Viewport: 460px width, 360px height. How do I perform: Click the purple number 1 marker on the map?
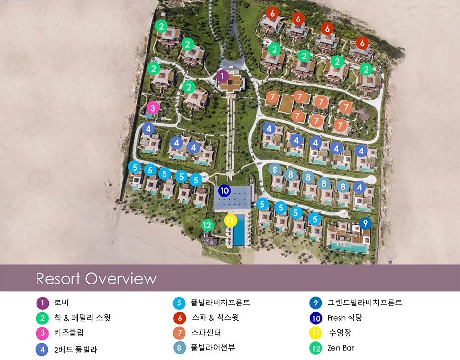222,76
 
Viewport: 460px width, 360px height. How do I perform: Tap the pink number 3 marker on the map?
153,108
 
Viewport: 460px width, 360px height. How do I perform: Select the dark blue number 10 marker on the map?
224,191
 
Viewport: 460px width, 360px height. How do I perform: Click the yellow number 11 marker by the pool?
231,220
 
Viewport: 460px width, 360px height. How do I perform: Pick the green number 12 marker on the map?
207,225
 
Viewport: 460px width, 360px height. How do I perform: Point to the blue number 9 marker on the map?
365,223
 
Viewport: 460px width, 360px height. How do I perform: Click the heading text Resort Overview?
96,279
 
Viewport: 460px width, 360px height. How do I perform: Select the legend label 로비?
61,303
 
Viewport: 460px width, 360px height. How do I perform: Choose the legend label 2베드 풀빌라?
76,349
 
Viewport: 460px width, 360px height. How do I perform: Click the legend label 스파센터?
206,333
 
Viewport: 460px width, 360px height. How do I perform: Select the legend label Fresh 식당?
345,318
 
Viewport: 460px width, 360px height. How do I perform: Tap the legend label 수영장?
340,333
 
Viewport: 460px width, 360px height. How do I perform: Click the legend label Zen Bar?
341,348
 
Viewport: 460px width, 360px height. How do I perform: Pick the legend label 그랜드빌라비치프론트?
365,303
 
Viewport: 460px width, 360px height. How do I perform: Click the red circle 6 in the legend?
179,318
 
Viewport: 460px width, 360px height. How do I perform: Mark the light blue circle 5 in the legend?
179,303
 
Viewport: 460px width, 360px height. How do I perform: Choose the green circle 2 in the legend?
42,318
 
